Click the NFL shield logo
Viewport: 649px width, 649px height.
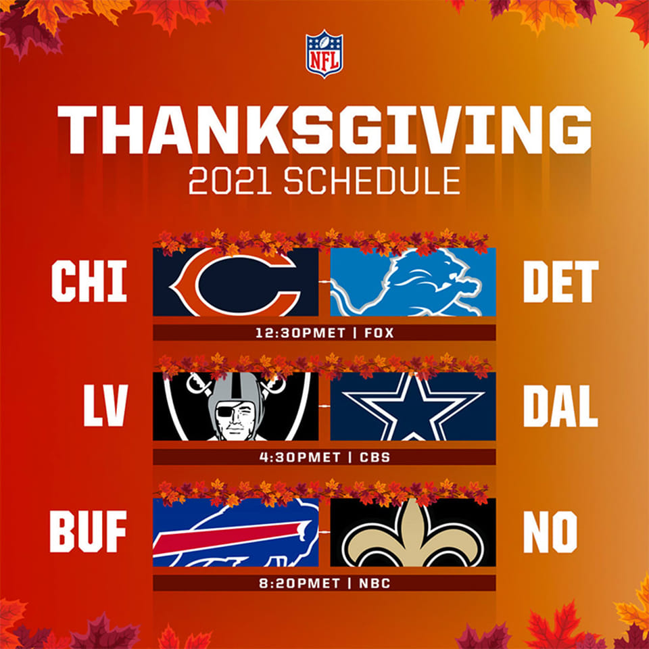(x=324, y=53)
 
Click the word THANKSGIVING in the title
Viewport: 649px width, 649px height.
(x=324, y=130)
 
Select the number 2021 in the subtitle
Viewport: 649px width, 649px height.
(x=230, y=181)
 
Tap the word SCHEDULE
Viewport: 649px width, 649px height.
(x=372, y=181)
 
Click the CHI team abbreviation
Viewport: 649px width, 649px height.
(x=89, y=281)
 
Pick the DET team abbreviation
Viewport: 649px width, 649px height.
(x=561, y=281)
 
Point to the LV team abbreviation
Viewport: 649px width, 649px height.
(x=105, y=406)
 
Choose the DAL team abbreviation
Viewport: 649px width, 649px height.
(x=560, y=406)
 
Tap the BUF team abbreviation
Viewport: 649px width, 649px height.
(x=88, y=531)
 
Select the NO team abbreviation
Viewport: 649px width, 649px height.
(x=550, y=531)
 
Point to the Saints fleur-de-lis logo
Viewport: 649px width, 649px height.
(x=413, y=534)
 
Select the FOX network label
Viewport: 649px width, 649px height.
(x=379, y=333)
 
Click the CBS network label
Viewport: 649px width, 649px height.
(x=375, y=457)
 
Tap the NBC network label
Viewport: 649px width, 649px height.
(x=375, y=583)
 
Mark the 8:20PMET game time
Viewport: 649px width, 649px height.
(x=299, y=583)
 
